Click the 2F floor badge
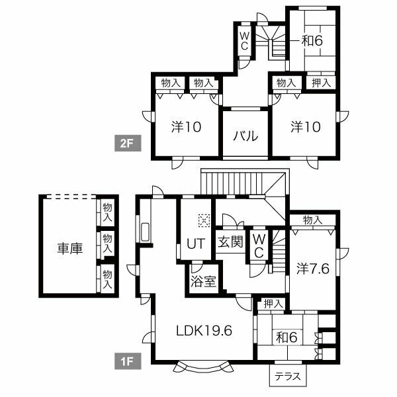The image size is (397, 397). tap(128, 143)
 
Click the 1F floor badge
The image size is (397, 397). tap(128, 361)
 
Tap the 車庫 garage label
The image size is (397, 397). tap(70, 248)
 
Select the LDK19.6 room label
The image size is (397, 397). tap(204, 330)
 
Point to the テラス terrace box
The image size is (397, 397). tap(288, 375)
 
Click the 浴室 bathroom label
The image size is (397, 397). tap(203, 281)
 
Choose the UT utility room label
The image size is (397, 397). tap(195, 243)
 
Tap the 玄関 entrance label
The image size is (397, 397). tap(230, 242)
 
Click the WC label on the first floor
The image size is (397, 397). tap(259, 245)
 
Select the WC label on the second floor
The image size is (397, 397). tap(244, 41)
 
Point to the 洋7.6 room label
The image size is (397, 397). tap(313, 269)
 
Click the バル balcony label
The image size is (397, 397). tap(245, 136)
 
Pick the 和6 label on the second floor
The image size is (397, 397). tap(312, 40)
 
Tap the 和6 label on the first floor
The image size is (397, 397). tap(287, 337)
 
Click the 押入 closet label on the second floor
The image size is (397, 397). tap(321, 83)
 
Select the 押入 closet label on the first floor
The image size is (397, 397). tap(273, 304)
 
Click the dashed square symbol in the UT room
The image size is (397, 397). tap(204, 221)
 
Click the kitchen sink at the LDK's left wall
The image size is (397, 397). tap(146, 232)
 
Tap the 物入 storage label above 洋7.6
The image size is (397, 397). tap(313, 220)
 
